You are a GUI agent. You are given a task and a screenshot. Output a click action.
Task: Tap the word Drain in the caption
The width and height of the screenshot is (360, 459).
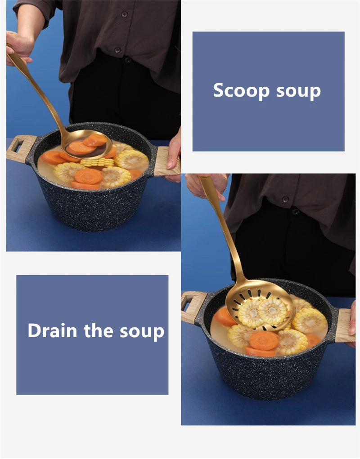(53, 330)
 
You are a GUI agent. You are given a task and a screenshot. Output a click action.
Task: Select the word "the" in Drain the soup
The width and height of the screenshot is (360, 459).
(99, 330)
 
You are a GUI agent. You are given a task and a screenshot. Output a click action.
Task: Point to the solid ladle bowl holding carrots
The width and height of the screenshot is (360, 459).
(88, 144)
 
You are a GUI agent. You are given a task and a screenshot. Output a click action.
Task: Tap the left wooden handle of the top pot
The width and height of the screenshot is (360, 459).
(21, 148)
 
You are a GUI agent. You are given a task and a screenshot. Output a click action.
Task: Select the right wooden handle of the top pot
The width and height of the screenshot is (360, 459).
(166, 161)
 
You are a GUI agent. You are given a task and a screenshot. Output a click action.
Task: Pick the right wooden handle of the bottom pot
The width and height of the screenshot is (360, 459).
(344, 325)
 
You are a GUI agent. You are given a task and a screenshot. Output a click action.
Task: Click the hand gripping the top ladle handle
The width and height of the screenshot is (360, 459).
(18, 47)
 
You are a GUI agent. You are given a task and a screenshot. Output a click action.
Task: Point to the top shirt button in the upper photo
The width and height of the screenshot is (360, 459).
(124, 14)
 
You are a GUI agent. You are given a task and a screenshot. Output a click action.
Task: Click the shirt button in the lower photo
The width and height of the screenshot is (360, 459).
(285, 199)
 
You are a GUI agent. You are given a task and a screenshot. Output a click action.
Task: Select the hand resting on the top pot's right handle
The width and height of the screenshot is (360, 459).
(174, 152)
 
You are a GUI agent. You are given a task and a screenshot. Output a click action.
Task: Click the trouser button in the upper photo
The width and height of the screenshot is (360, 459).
(128, 60)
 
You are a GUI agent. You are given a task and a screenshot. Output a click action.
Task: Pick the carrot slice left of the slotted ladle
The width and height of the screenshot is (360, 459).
(224, 317)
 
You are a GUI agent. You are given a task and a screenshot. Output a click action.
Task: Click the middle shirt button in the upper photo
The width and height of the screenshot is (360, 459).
(117, 50)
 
